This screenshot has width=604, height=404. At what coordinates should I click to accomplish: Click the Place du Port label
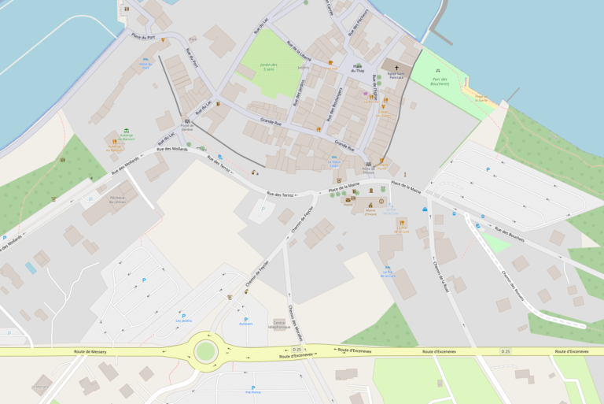point(142,36)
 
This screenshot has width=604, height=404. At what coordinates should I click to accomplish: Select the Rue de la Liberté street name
point(300,51)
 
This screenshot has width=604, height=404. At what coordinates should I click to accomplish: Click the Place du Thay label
point(358,69)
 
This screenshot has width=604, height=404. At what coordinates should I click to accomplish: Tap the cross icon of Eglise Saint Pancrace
point(396,68)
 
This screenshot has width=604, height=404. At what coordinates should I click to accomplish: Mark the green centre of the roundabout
point(206,350)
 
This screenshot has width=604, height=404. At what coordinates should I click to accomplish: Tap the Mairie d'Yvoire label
point(366,212)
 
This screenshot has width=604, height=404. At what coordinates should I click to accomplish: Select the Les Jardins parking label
point(184,321)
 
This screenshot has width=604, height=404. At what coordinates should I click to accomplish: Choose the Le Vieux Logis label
point(334,164)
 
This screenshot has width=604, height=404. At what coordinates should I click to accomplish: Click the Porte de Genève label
point(187,126)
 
